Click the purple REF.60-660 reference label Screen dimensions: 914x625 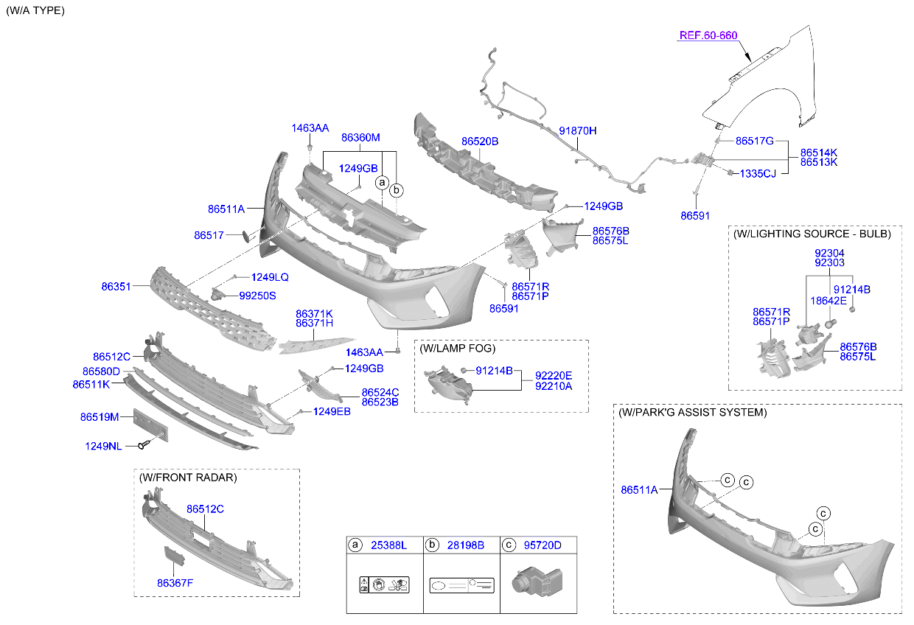click(x=708, y=35)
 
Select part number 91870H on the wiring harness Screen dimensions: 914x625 click(x=577, y=131)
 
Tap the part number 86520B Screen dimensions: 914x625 click(x=480, y=142)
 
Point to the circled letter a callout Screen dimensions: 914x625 click(x=382, y=182)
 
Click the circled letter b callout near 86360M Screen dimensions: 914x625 click(x=397, y=190)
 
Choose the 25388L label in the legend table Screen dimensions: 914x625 click(x=388, y=545)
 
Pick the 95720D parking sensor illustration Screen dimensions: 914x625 click(x=537, y=581)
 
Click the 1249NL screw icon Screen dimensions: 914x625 click(x=144, y=444)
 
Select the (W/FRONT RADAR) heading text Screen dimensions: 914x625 click(x=188, y=478)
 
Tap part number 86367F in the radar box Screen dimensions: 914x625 click(x=175, y=584)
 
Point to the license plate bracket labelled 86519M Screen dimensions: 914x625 click(x=150, y=425)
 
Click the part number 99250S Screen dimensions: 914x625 click(x=257, y=296)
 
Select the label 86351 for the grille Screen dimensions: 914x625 click(x=116, y=287)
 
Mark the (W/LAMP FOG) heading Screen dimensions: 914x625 click(x=458, y=349)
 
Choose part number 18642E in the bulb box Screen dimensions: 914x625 click(x=828, y=301)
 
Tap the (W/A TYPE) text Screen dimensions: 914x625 click(x=35, y=10)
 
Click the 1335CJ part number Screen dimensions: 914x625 click(x=758, y=174)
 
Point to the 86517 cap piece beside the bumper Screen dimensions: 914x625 click(x=247, y=236)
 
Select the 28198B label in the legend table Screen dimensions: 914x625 click(x=466, y=545)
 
